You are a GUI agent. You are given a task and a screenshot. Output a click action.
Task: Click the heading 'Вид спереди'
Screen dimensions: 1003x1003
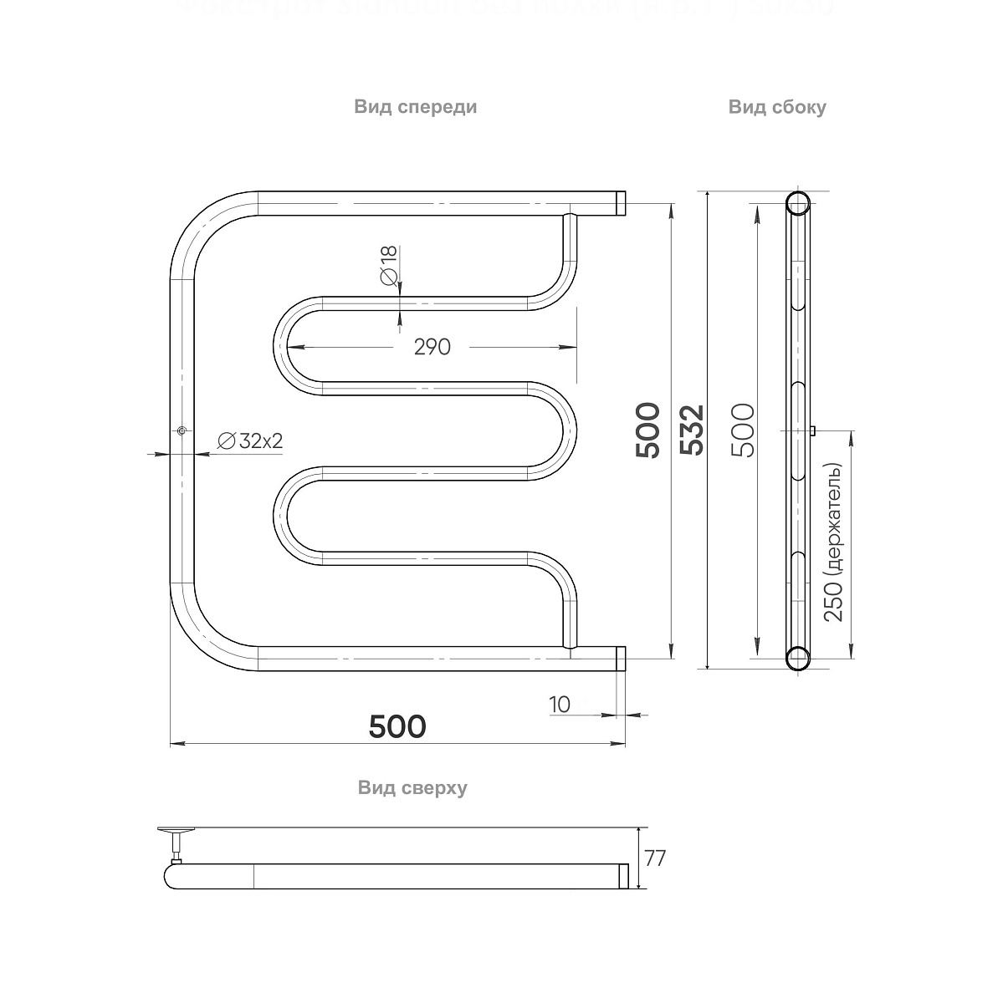[415, 107]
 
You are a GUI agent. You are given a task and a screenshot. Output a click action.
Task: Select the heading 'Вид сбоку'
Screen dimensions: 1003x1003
[776, 107]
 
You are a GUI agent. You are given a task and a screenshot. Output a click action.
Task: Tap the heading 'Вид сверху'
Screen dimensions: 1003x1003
[412, 787]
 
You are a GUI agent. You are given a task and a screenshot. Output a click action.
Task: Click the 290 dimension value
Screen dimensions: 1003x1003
[432, 346]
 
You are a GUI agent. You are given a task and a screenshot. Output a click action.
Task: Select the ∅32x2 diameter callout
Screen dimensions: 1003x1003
[250, 441]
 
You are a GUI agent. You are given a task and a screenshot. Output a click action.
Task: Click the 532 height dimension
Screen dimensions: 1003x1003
[693, 430]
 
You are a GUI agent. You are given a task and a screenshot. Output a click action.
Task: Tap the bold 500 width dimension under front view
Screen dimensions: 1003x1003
[397, 726]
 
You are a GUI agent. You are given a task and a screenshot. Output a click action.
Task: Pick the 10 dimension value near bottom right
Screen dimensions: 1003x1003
[560, 705]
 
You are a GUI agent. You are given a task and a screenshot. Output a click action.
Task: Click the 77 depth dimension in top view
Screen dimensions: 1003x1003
[656, 858]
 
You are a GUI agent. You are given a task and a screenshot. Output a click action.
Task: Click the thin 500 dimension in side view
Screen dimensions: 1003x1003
[744, 430]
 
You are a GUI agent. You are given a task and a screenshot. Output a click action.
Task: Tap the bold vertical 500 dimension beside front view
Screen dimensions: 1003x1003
[648, 430]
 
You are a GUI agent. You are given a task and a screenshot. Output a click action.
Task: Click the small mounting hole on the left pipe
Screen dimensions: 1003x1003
[182, 430]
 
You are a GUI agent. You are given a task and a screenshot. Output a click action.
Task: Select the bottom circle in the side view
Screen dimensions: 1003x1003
[797, 658]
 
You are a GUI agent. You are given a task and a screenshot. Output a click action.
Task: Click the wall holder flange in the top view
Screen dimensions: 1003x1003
[177, 830]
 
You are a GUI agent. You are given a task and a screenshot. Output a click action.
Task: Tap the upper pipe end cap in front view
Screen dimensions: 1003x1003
[622, 203]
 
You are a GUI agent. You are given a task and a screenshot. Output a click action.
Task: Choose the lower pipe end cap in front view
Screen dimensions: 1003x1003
[622, 658]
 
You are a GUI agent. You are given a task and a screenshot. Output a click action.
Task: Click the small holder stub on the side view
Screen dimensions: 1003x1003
[812, 430]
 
